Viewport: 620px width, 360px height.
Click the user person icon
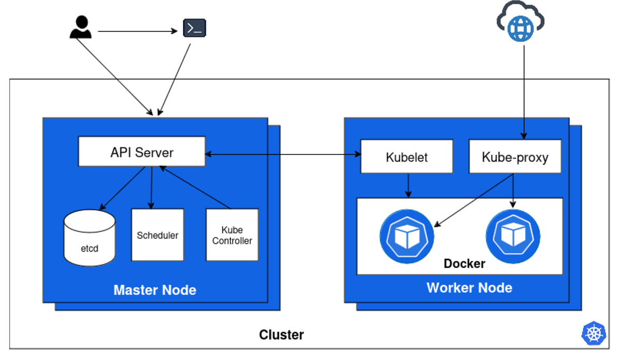[81, 27]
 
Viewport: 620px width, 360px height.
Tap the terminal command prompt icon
[195, 28]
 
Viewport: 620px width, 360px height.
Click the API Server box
[142, 151]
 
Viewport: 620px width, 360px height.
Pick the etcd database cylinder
[89, 238]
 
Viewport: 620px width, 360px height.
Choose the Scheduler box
[158, 235]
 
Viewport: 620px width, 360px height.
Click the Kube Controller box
[232, 235]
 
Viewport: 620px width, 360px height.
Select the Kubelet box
[407, 156]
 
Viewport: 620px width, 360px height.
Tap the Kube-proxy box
[515, 156]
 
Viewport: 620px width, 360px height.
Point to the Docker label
[464, 264]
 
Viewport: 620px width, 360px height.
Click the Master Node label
[154, 290]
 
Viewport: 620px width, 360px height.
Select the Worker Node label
[469, 288]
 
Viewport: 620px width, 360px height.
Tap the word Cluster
[281, 335]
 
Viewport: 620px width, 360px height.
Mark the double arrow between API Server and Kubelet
[283, 154]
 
